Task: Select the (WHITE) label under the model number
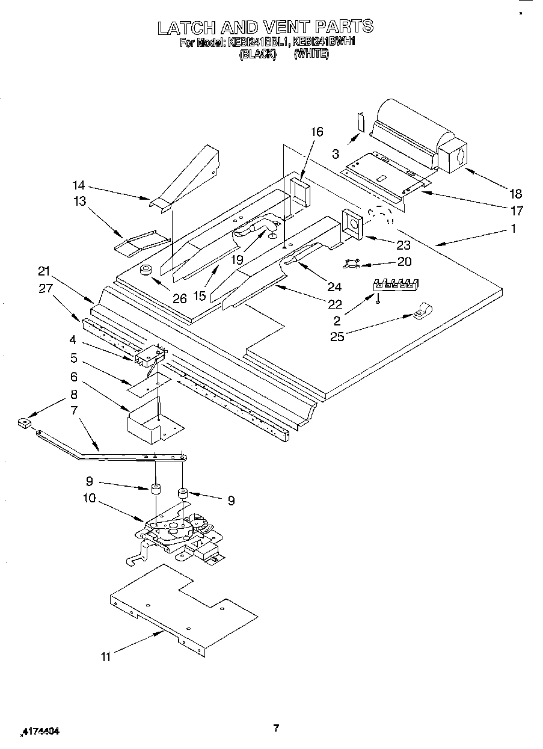(311, 54)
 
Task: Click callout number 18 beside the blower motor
(515, 194)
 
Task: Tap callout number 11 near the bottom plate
(106, 658)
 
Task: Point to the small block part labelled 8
(24, 424)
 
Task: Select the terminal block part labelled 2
(396, 284)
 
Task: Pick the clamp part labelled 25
(422, 311)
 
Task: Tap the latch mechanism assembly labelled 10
(177, 532)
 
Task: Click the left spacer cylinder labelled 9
(156, 489)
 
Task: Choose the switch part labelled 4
(149, 357)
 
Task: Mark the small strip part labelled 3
(360, 121)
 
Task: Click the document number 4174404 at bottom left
(41, 732)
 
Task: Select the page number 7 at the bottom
(275, 729)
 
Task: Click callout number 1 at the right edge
(513, 229)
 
